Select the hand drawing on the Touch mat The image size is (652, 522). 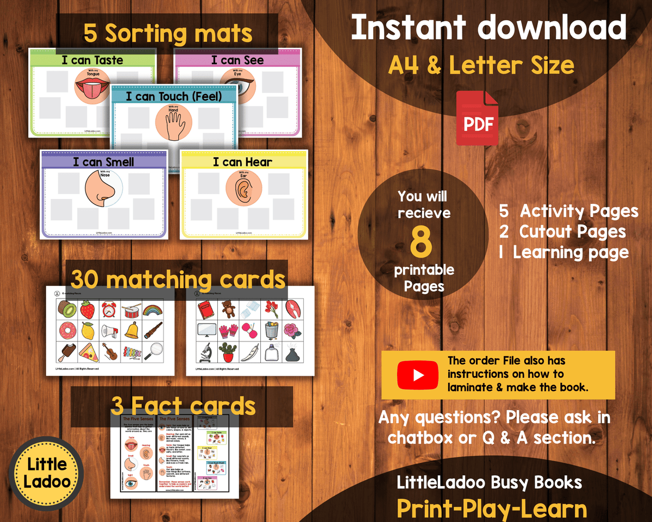click(174, 121)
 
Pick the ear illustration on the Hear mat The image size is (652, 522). click(244, 190)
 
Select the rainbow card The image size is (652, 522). click(153, 310)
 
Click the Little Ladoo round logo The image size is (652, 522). click(46, 474)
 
